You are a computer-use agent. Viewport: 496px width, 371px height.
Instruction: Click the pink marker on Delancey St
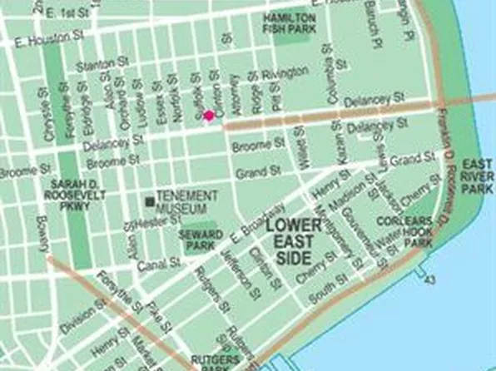209,115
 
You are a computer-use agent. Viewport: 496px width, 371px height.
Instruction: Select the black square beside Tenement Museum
149,201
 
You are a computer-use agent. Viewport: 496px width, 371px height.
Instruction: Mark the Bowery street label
42,233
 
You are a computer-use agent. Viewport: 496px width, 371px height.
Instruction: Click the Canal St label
164,264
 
